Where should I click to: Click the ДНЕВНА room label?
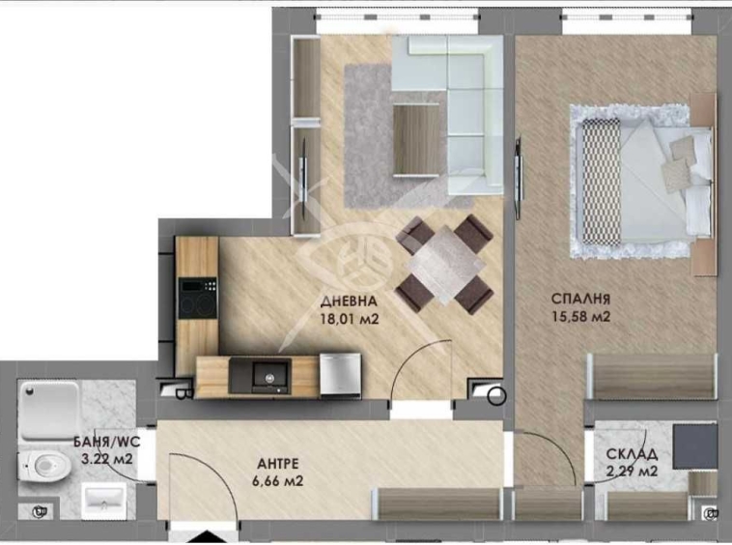(350, 299)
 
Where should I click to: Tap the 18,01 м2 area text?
(350, 314)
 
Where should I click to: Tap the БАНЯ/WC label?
(101, 444)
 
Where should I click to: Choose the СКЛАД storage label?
(633, 454)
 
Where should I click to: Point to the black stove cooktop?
(198, 299)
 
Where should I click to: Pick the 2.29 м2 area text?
(633, 472)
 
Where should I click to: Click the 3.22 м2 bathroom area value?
(103, 459)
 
